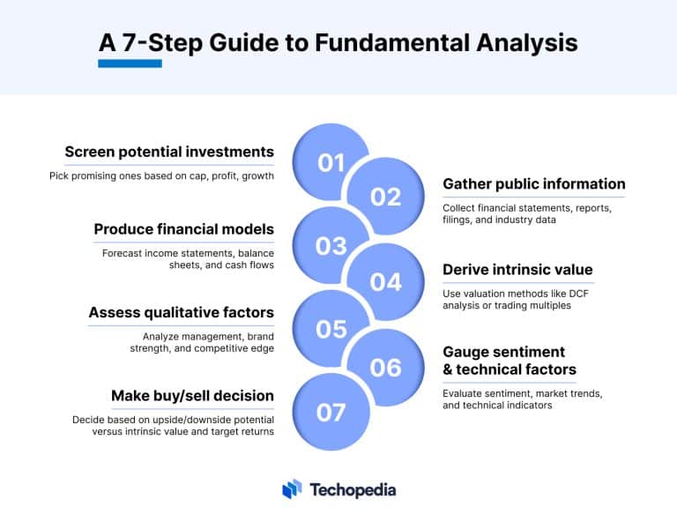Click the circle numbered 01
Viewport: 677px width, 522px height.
click(x=331, y=162)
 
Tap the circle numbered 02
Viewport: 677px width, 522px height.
click(x=385, y=197)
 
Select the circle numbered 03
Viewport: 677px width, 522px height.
click(x=331, y=246)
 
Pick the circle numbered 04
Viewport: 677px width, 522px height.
click(x=385, y=282)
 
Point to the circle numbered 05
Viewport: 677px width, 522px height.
click(x=331, y=329)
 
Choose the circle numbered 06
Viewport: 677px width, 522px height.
click(x=385, y=367)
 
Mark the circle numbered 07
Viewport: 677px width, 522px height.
click(x=331, y=412)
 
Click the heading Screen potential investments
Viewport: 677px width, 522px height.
click(x=169, y=151)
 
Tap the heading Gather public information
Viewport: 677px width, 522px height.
click(x=534, y=184)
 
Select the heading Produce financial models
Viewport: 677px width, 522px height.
click(x=183, y=229)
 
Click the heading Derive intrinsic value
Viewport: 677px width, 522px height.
click(x=517, y=269)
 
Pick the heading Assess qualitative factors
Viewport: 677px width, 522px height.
click(x=181, y=312)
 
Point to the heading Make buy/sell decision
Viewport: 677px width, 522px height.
click(x=192, y=395)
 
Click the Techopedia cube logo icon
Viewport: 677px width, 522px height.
click(x=292, y=489)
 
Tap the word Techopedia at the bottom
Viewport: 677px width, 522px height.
click(x=353, y=490)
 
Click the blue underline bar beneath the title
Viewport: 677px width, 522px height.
click(x=130, y=63)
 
